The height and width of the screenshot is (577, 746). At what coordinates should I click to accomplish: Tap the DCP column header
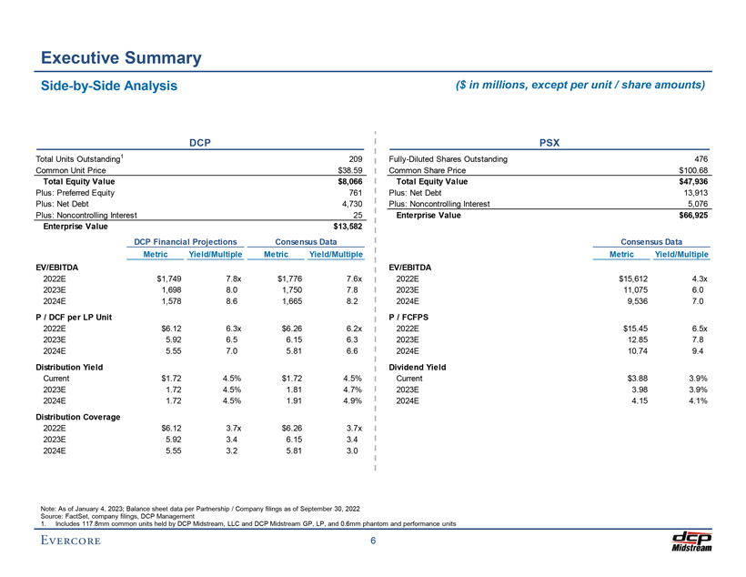199,143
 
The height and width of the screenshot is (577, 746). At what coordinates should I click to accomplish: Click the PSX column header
549,143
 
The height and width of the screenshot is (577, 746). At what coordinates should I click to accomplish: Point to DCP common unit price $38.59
350,170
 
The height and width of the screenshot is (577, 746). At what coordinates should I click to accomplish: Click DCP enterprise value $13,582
345,227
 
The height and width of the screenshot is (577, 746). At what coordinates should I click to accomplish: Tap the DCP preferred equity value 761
356,193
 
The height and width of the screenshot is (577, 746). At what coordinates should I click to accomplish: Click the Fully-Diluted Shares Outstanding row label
448,159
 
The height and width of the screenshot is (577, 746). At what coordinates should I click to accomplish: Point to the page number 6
373,542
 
